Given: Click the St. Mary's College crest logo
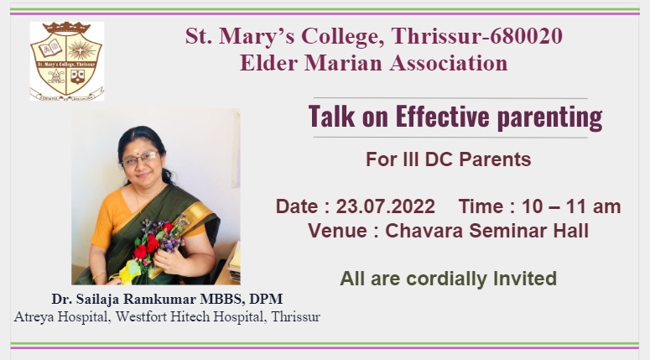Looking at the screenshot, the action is pos(67,61).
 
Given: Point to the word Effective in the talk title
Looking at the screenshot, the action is pos(442,116).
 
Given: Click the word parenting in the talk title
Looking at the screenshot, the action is pos(549,117).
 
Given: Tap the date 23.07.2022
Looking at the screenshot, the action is pos(386,206).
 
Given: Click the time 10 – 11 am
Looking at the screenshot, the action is pos(571,206).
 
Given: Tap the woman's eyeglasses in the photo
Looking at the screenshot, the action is pos(140,159).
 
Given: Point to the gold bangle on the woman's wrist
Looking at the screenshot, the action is pos(99,274).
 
